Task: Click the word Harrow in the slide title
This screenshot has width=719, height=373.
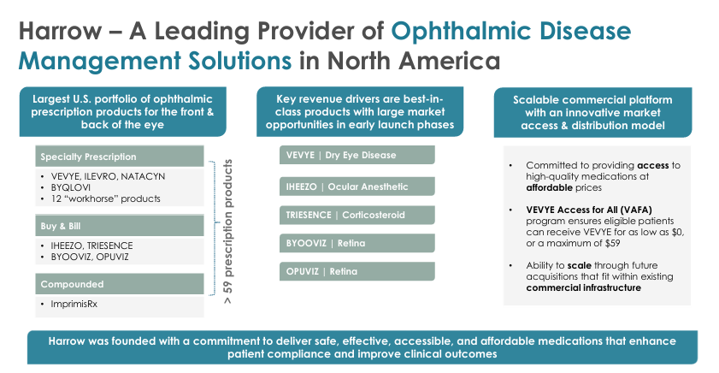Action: (57, 32)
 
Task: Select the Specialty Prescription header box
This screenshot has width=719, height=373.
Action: (119, 157)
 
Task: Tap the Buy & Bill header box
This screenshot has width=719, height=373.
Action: (119, 226)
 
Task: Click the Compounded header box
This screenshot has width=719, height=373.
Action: (119, 282)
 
